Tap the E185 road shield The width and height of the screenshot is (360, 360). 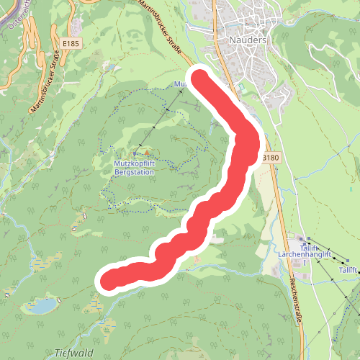click(x=70, y=44)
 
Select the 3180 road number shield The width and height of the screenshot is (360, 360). click(x=270, y=156)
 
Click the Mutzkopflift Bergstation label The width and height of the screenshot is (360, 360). click(x=135, y=168)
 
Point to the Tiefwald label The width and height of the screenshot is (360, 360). click(x=73, y=353)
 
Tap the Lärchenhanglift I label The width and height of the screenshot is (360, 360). click(x=304, y=254)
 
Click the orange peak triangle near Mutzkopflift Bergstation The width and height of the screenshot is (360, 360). click(x=147, y=153)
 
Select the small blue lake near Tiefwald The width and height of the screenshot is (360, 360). click(x=41, y=306)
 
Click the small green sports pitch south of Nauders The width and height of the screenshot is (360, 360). click(x=240, y=89)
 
